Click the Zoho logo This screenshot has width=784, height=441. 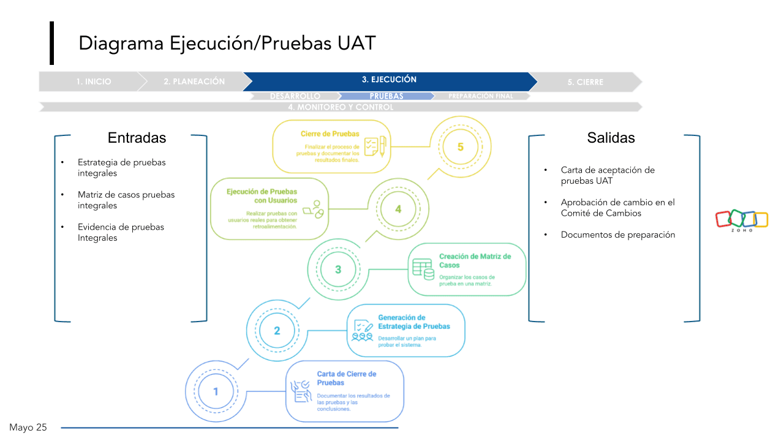click(x=742, y=219)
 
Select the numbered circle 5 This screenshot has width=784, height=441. click(x=461, y=147)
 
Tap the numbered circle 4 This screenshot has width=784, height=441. click(x=398, y=209)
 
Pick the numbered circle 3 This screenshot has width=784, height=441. click(x=338, y=269)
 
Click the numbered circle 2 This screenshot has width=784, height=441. click(x=277, y=331)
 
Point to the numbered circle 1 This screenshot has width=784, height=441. click(x=216, y=391)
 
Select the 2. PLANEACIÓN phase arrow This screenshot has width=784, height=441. click(x=194, y=81)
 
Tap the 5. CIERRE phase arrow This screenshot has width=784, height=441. click(x=589, y=82)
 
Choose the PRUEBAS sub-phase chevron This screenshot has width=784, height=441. click(x=386, y=96)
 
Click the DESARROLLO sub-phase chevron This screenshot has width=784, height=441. click(x=295, y=96)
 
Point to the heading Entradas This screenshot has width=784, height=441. click(x=137, y=138)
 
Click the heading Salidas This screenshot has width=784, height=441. click(x=611, y=138)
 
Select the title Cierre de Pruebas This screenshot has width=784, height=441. click(x=330, y=134)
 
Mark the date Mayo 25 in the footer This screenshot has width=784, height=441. click(x=28, y=428)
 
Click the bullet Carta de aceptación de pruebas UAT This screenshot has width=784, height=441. click(x=608, y=175)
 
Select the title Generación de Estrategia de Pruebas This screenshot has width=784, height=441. click(x=413, y=322)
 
